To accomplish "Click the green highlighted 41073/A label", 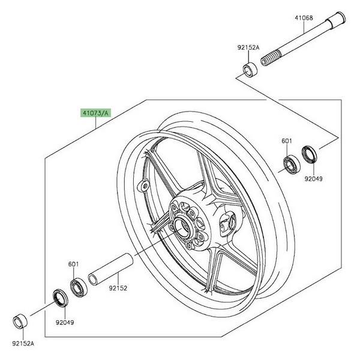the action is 95,113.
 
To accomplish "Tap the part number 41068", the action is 304,18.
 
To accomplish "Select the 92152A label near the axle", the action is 248,47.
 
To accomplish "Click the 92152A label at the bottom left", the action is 23,343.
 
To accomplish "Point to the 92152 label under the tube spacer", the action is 118,288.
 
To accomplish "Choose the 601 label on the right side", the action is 287,141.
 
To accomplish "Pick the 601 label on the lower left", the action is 73,264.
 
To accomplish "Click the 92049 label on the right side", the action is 313,179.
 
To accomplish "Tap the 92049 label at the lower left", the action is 65,323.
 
